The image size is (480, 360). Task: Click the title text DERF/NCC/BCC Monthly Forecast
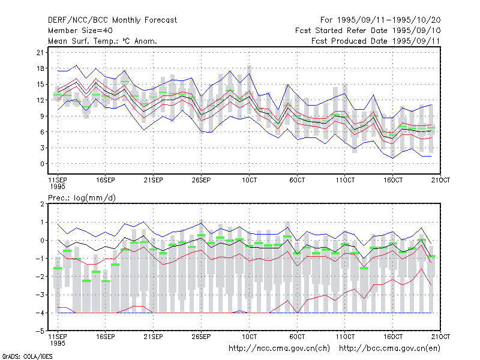[112, 20]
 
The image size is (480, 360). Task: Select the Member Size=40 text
[80, 31]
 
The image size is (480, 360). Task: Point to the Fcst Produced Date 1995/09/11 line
[376, 41]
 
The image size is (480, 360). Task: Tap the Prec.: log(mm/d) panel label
[82, 198]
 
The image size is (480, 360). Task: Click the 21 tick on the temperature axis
[40, 53]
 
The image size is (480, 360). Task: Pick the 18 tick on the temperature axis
[40, 68]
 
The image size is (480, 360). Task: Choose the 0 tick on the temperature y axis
[42, 164]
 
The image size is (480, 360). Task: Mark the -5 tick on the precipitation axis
[40, 331]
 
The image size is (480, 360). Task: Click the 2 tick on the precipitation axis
[42, 204]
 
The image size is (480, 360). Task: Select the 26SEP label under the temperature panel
[201, 180]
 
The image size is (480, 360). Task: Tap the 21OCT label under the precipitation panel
[440, 337]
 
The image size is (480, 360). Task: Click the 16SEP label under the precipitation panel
[106, 337]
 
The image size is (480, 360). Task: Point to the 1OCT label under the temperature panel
[249, 180]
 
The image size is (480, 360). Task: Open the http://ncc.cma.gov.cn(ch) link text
[279, 349]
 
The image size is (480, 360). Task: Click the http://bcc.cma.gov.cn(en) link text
[389, 349]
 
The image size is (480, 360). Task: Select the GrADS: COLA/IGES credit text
[27, 356]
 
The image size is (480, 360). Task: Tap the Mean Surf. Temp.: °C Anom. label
[102, 41]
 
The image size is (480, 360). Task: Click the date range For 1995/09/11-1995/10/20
[380, 20]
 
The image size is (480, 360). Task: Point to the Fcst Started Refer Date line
[368, 31]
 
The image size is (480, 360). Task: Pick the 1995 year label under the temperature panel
[58, 187]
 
